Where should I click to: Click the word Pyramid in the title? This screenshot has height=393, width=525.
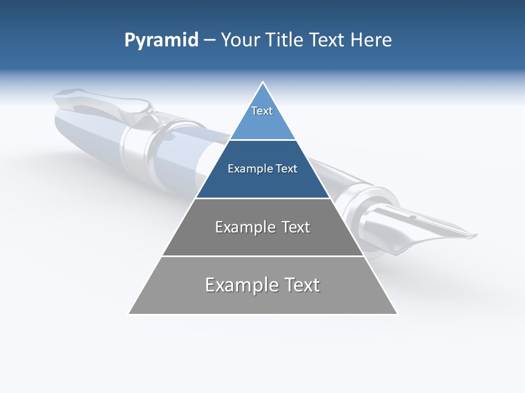161,40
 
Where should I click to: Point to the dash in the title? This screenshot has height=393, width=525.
209,40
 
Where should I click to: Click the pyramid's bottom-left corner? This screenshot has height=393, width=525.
129,314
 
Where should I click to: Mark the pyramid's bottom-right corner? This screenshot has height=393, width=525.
397,314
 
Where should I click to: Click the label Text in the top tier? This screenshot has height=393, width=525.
262,111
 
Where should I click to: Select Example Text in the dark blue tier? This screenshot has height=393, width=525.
262,169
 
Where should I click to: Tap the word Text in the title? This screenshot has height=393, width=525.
329,40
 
